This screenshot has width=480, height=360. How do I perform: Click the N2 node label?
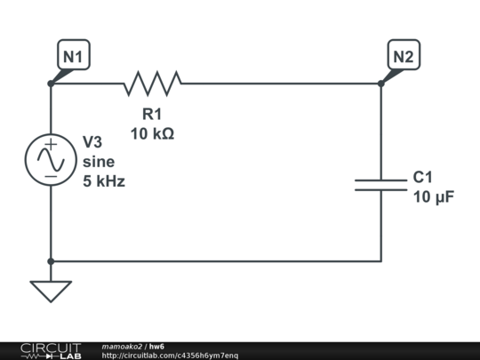pyautogui.click(x=404, y=57)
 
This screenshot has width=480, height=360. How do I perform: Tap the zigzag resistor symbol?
pyautogui.click(x=153, y=84)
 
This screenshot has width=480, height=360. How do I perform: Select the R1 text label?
pyautogui.click(x=153, y=114)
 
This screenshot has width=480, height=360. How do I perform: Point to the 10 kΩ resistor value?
pyautogui.click(x=152, y=133)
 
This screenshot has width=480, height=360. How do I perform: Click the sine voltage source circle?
pyautogui.click(x=51, y=161)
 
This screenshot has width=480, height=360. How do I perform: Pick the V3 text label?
pyautogui.click(x=93, y=142)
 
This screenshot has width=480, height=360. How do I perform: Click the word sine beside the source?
pyautogui.click(x=98, y=162)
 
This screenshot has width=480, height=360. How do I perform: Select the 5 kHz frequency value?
pyautogui.click(x=104, y=181)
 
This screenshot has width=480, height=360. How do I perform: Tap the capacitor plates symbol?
pyautogui.click(x=380, y=184)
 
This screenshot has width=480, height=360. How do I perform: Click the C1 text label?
pyautogui.click(x=422, y=177)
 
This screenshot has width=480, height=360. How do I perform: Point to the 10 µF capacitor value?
pyautogui.click(x=434, y=196)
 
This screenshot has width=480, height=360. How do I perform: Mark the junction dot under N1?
pyautogui.click(x=51, y=84)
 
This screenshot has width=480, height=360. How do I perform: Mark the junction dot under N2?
pyautogui.click(x=380, y=84)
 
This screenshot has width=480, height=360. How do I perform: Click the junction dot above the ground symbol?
pyautogui.click(x=51, y=261)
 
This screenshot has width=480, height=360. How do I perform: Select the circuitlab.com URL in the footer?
pyautogui.click(x=170, y=356)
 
